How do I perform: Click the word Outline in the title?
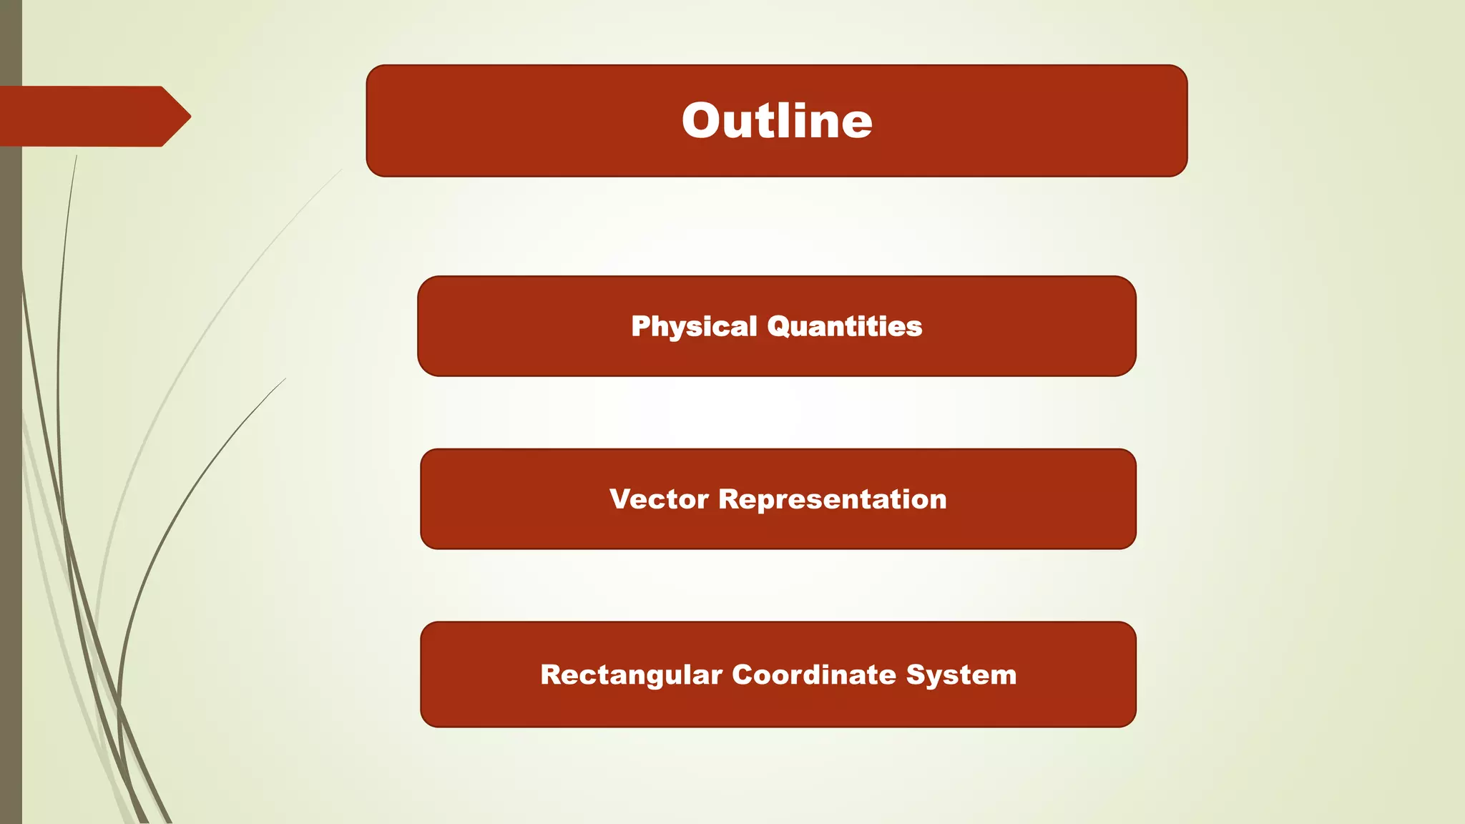(x=777, y=120)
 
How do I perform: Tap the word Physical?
(x=693, y=327)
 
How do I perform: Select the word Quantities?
(x=844, y=326)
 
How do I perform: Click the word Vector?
(x=659, y=499)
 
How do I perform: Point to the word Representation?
(x=832, y=499)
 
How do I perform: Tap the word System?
(x=961, y=675)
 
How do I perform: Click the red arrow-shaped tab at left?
(x=86, y=117)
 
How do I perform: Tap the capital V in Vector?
(x=620, y=499)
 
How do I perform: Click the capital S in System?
(x=915, y=675)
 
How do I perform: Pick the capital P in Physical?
(x=640, y=326)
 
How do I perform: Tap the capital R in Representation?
(x=728, y=499)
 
